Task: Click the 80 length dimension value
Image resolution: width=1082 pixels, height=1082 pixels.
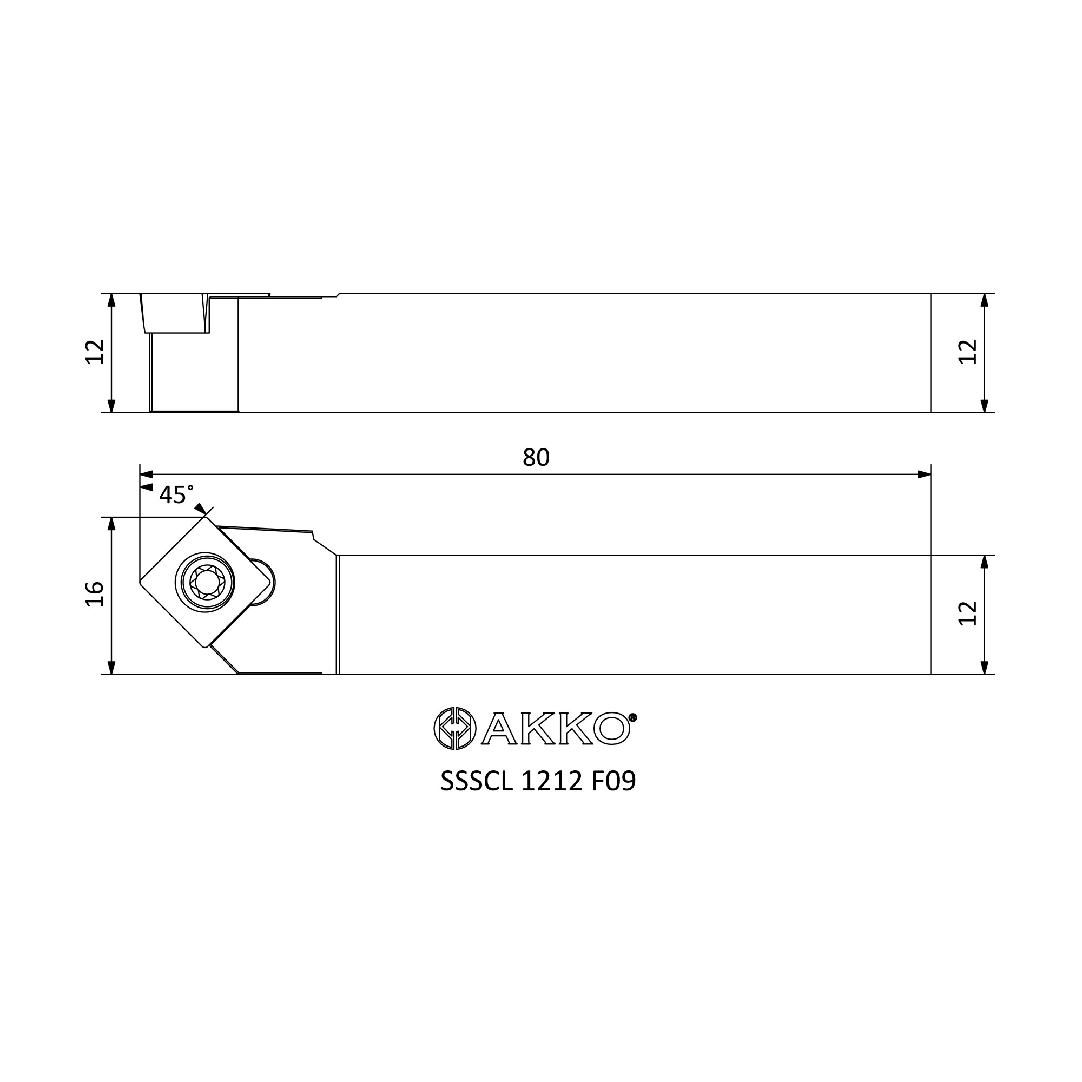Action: point(536,458)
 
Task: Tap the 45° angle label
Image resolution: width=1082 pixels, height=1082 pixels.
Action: point(176,494)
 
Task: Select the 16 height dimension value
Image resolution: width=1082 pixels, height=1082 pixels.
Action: point(95,594)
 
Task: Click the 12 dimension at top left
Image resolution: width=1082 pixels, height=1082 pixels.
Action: point(95,352)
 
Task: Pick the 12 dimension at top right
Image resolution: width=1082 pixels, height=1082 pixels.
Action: point(968,352)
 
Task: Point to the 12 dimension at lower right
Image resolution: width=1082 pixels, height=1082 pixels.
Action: point(968,613)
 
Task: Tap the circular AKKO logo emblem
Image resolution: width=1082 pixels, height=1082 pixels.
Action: point(455,728)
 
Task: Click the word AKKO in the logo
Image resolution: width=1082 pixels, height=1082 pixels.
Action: point(556,728)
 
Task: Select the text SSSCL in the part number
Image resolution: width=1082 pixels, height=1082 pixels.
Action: point(476,781)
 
